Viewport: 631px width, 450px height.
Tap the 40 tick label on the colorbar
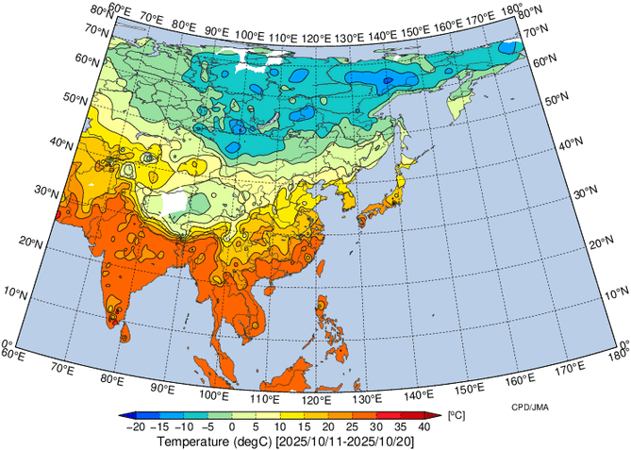[424, 426]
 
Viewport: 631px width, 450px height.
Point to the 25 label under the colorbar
[352, 426]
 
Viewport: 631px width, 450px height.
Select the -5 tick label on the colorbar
[207, 426]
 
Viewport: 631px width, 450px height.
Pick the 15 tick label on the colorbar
[304, 426]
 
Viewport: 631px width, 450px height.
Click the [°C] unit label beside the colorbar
[456, 415]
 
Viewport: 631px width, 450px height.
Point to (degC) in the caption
[257, 442]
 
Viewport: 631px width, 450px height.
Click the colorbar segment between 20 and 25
[340, 415]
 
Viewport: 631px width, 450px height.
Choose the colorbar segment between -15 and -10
[171, 415]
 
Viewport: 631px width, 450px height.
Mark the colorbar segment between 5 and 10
[267, 415]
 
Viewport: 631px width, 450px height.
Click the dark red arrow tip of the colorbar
[435, 415]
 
